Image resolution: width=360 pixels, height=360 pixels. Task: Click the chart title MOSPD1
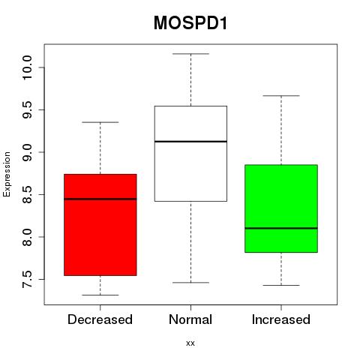(x=190, y=23)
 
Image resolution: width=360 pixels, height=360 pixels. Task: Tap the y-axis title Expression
(x=7, y=174)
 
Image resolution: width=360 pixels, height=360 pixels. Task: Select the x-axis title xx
(x=190, y=343)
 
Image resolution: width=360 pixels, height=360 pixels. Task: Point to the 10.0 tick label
(x=27, y=67)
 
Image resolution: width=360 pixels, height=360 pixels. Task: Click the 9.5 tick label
(x=27, y=109)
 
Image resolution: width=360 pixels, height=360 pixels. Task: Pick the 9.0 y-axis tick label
(x=27, y=152)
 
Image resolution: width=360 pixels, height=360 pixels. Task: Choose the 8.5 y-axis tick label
(x=27, y=194)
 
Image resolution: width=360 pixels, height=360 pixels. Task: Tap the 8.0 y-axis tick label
(x=27, y=237)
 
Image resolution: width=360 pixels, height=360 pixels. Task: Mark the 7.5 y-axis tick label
(x=27, y=279)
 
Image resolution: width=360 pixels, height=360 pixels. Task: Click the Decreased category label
(x=100, y=319)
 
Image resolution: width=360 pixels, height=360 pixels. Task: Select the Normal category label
(x=190, y=319)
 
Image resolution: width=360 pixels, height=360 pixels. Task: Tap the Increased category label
(x=281, y=319)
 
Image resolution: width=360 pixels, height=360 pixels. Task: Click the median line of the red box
(x=100, y=199)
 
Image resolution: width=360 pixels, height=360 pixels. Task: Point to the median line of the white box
(x=190, y=142)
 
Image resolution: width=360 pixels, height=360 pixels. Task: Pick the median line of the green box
(x=281, y=228)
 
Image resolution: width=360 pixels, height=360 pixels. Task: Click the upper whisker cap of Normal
(x=190, y=54)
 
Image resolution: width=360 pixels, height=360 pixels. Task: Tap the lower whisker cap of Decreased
(x=100, y=295)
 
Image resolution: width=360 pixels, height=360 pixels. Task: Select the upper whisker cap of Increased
(x=281, y=95)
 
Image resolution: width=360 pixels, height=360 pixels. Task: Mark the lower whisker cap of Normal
(x=190, y=283)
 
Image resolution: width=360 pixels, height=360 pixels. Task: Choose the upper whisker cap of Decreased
(x=100, y=122)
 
